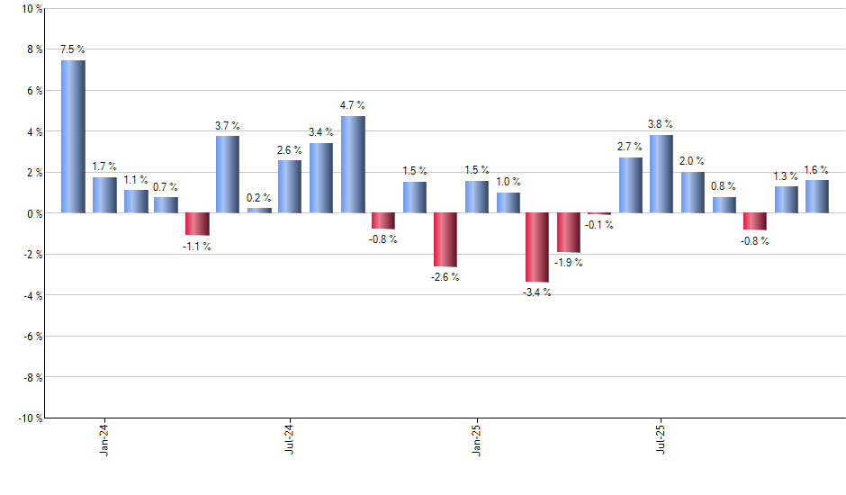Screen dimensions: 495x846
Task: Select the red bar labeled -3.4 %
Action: pyautogui.click(x=537, y=247)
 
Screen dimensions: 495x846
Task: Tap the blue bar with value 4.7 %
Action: pyautogui.click(x=352, y=165)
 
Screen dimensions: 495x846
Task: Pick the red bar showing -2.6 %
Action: pyautogui.click(x=445, y=239)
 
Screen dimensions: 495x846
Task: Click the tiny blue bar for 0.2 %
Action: pyautogui.click(x=259, y=211)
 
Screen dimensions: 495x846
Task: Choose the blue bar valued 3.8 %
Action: pyautogui.click(x=661, y=174)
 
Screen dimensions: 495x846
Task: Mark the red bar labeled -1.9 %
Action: pyautogui.click(x=568, y=232)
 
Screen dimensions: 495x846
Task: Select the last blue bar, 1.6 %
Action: pyautogui.click(x=816, y=196)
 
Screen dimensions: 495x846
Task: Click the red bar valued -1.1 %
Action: pyautogui.click(x=197, y=224)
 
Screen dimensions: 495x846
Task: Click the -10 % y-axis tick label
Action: pyautogui.click(x=29, y=418)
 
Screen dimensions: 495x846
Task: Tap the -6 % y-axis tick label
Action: pyautogui.click(x=31, y=337)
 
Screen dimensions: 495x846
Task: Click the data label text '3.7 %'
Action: pyautogui.click(x=228, y=126)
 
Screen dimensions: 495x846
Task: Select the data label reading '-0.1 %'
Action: pyautogui.click(x=599, y=225)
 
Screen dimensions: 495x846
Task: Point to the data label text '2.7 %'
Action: pyautogui.click(x=630, y=147)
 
